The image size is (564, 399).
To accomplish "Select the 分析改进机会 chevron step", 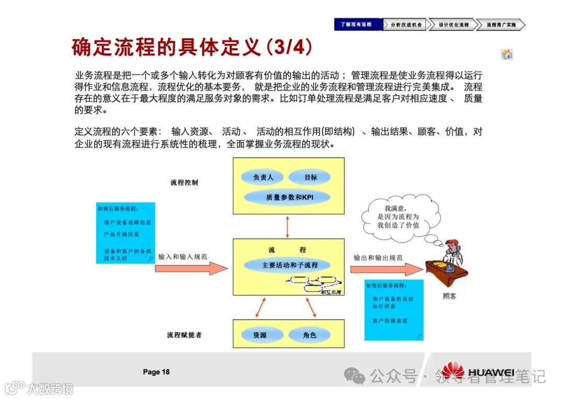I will tap(405, 25).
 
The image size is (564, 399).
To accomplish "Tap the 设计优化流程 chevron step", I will tap(452, 25).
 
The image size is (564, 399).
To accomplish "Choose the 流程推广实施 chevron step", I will tap(500, 25).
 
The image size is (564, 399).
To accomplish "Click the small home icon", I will tap(507, 54).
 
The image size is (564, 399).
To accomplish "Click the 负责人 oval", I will tap(263, 177).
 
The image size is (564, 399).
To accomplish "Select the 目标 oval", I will tap(311, 177).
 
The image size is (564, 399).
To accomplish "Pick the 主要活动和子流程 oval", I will tap(289, 265).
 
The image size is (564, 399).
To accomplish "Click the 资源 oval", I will tap(260, 335).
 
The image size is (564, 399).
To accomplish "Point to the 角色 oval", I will tap(310, 335).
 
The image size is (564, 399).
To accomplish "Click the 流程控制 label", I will tap(184, 183).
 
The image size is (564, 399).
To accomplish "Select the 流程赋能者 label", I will tap(184, 335).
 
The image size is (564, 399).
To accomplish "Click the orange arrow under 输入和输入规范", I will tap(191, 268).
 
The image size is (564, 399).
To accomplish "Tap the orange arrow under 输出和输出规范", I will tap(385, 269).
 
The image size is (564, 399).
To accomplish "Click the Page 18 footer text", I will tap(156, 372).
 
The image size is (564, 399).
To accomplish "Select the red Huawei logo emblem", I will tap(452, 372).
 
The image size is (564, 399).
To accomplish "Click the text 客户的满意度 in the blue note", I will tap(390, 321).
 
